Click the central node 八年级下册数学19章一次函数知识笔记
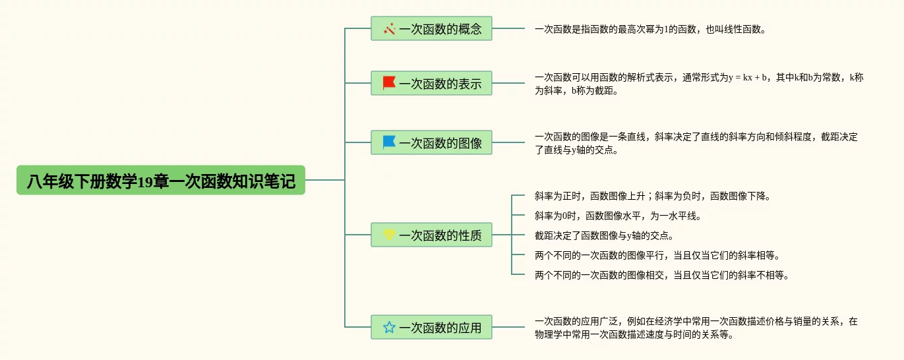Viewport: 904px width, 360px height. (161, 180)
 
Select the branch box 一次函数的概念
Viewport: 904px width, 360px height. (431, 28)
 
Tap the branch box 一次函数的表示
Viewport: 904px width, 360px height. (431, 83)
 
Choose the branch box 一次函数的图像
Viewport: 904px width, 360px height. (431, 142)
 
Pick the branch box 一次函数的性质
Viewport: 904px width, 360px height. (431, 235)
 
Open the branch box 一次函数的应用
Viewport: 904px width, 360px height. (431, 327)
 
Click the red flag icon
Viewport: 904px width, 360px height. (389, 83)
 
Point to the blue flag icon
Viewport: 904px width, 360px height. (389, 142)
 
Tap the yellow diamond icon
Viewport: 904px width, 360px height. (389, 235)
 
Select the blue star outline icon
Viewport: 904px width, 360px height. (389, 327)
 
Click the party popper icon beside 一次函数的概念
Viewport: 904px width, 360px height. (389, 28)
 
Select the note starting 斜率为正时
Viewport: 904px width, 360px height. (652, 196)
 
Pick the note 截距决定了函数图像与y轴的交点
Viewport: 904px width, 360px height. (604, 235)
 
